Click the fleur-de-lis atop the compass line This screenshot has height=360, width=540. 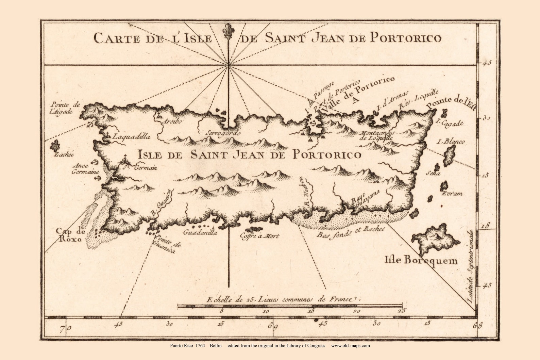point(229,31)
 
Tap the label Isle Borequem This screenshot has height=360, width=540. point(421,260)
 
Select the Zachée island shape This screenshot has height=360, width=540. point(54,146)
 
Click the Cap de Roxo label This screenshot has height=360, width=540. point(70,235)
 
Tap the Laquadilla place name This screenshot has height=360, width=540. point(131,137)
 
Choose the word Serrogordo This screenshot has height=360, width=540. point(220,133)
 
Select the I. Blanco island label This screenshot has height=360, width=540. point(451,142)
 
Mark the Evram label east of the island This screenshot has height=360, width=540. point(452,194)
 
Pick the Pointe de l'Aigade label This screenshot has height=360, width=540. point(65,108)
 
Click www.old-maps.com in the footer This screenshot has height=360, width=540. point(350,345)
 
